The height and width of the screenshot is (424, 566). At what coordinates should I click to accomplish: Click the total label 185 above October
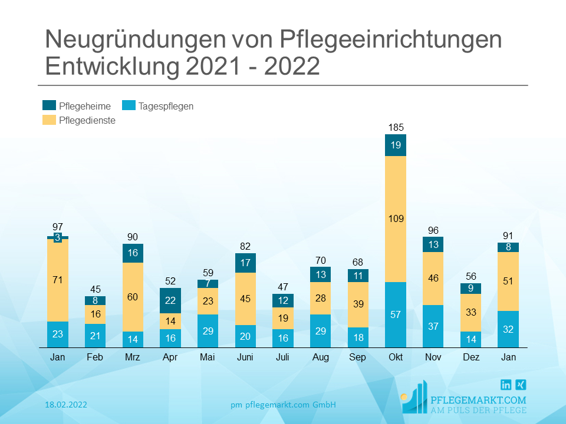[396, 127]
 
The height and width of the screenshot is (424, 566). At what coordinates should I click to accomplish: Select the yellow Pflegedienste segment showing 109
[396, 219]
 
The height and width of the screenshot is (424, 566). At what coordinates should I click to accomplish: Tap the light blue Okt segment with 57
[396, 314]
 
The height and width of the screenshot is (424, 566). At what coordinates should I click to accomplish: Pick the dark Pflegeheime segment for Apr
[170, 300]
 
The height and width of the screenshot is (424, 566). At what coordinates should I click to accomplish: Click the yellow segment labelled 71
[58, 280]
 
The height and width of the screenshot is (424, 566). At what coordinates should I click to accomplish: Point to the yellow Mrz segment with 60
[133, 297]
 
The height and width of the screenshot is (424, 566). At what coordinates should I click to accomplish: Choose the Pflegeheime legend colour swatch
[50, 106]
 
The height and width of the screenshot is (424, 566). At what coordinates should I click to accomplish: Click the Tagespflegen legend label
[166, 107]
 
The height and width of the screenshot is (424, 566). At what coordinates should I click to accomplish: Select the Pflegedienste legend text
[87, 120]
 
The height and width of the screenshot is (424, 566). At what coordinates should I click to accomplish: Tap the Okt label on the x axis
[396, 357]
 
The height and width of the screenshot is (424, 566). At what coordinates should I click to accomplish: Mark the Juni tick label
[245, 357]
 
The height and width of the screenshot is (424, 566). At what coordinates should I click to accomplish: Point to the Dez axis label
[470, 357]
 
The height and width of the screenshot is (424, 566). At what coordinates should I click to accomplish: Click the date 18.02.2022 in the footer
[66, 405]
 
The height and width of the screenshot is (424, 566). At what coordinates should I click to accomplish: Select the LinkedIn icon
[506, 385]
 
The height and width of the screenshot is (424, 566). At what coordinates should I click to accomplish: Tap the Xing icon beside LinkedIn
[521, 385]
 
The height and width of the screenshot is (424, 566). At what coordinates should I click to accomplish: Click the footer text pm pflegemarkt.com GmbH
[283, 405]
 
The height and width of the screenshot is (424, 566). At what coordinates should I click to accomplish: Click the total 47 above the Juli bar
[283, 287]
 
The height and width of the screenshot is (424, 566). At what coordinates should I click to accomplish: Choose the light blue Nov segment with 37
[433, 326]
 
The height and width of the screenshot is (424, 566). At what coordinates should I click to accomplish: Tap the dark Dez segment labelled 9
[470, 289]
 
